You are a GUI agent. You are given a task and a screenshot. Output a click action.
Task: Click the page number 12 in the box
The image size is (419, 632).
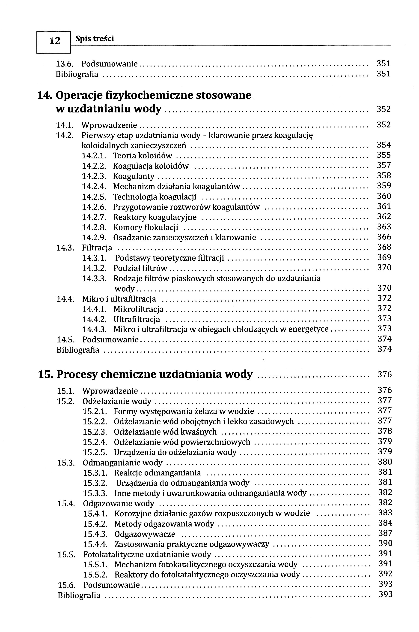pos(55,41)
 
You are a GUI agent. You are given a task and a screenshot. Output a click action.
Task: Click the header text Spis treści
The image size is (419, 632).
pos(95,39)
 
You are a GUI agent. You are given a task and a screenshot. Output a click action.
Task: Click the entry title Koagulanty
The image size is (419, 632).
pos(134,176)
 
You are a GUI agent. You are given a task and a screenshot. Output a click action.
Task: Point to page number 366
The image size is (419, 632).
pos(384,237)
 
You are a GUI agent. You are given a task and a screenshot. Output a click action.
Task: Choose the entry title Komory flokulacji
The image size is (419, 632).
pos(145,227)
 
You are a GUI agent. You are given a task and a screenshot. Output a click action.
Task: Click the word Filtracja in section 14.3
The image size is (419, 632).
pos(97,248)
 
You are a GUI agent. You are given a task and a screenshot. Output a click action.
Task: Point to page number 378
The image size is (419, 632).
pos(385,431)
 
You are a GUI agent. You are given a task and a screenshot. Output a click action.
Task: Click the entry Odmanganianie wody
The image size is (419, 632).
pos(122,463)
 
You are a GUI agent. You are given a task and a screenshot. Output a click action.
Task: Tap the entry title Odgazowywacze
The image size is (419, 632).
pos(145,534)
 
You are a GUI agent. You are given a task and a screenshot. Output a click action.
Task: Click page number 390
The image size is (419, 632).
pos(385,543)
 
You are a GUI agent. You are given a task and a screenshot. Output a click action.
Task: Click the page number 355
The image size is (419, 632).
pos(384,155)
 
